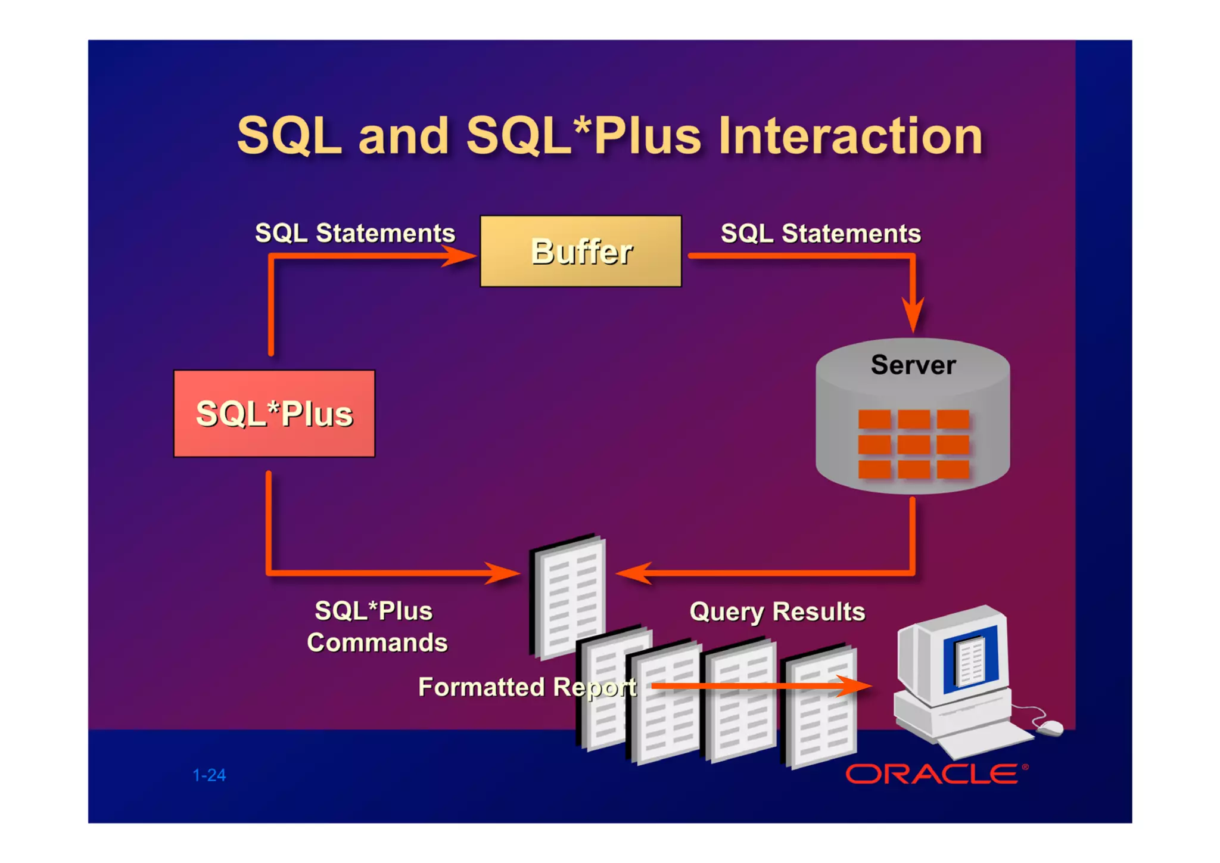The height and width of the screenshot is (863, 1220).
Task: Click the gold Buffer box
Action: [580, 251]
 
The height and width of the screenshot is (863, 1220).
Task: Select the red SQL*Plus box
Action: [274, 413]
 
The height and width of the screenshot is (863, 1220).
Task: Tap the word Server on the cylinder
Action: [913, 365]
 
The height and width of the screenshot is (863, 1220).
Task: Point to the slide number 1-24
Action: [209, 775]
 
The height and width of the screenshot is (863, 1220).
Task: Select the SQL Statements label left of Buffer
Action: [354, 233]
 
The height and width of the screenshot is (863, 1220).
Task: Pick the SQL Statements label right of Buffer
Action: [820, 234]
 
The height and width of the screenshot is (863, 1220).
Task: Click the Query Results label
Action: [777, 611]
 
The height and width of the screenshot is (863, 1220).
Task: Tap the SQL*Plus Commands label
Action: [376, 627]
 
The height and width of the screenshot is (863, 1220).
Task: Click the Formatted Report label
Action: [527, 687]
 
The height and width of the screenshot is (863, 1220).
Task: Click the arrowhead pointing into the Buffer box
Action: [462, 256]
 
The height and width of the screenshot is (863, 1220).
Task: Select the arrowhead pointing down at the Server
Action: [913, 314]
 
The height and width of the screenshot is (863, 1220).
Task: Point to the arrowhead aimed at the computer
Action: [855, 686]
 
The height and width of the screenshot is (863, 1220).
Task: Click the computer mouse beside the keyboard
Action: [1050, 727]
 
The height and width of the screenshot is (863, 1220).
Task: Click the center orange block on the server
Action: [913, 444]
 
